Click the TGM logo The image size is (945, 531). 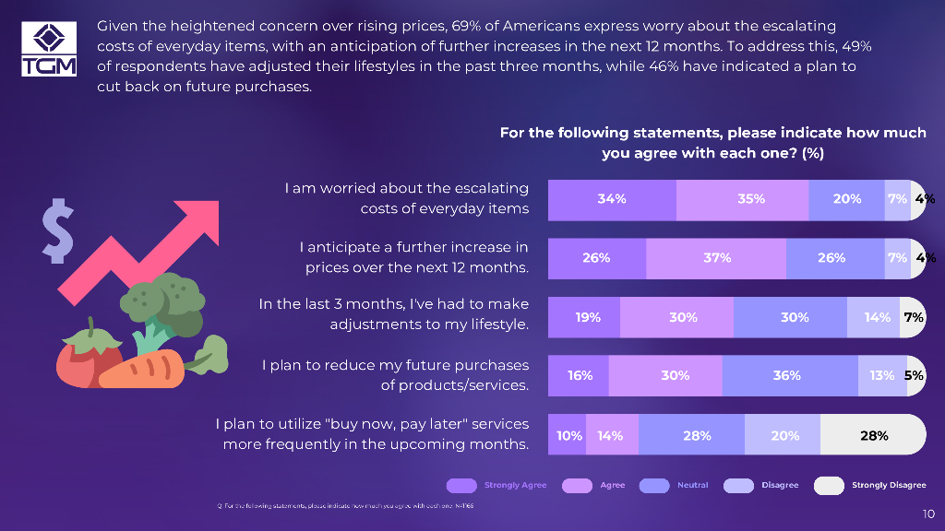click(49, 48)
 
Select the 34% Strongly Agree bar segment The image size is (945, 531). click(612, 199)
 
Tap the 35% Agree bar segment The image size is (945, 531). click(743, 199)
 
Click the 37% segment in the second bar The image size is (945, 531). click(716, 258)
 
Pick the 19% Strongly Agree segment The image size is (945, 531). click(585, 317)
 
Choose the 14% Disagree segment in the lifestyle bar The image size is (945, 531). click(873, 317)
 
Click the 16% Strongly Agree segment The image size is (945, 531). click(579, 376)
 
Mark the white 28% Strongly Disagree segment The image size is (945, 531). click(872, 435)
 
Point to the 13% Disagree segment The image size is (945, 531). click(880, 376)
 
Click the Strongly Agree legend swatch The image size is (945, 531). click(460, 486)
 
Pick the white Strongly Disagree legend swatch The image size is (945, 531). click(828, 486)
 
